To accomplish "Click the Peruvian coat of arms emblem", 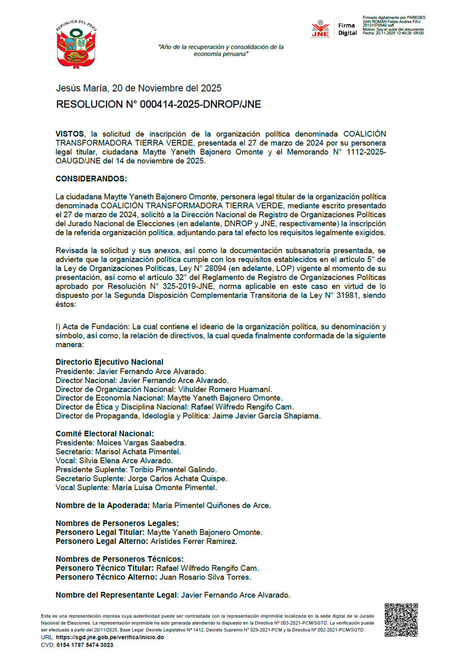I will click(76, 45).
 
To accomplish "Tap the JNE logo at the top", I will click(320, 29).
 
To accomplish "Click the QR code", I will click(401, 620).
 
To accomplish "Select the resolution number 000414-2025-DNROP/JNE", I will click(158, 104).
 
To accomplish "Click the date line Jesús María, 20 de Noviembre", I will click(139, 88).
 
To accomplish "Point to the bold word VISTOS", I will click(70, 134).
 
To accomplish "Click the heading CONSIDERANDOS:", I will click(91, 179).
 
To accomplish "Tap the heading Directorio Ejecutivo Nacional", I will click(110, 362).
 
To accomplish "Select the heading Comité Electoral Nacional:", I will click(104, 433).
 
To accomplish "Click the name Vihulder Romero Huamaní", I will click(225, 389).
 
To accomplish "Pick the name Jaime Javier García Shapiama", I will click(266, 416).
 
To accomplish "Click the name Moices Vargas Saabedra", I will click(141, 443).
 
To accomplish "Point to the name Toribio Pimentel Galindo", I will click(173, 470).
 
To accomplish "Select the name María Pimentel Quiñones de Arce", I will click(211, 505).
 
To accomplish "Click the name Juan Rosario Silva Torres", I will click(205, 577).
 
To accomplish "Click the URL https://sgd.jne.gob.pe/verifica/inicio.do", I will click(110, 637).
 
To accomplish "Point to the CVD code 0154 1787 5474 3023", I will click(85, 645).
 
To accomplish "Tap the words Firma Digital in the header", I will click(347, 29).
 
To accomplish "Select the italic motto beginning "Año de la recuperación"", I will click(221, 50).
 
